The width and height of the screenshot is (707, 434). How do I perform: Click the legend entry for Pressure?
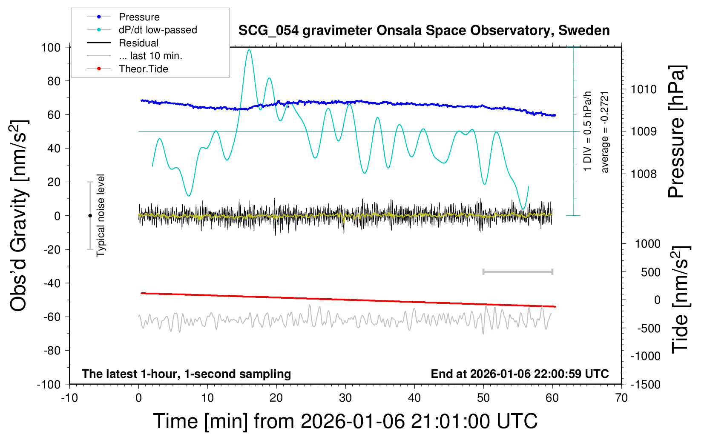[x=139, y=17]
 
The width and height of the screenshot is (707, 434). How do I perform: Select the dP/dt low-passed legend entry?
[x=158, y=30]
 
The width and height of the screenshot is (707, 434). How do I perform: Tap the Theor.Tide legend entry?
[x=143, y=69]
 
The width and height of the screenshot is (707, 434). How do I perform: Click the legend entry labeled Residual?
[x=138, y=43]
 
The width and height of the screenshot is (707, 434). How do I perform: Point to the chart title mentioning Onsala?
[x=424, y=31]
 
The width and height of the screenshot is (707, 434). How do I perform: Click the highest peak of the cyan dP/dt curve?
[x=249, y=50]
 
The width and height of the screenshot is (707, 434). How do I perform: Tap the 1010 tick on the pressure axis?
[x=644, y=89]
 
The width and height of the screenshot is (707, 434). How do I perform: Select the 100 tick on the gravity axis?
[x=51, y=47]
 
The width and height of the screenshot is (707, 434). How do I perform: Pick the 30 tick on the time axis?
[x=345, y=398]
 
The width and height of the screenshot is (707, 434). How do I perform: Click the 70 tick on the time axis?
[x=621, y=398]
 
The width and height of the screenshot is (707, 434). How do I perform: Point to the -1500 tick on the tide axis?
[x=645, y=385]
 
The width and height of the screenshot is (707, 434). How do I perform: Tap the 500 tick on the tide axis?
[x=650, y=272]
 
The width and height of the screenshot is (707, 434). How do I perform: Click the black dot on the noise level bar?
[x=90, y=216]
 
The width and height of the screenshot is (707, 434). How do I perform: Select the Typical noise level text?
[x=101, y=215]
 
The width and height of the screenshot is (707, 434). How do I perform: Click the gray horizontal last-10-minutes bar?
[x=517, y=272]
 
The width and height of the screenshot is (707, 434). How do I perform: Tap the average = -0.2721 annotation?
[x=605, y=132]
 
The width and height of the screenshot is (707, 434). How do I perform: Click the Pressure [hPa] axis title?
[x=677, y=132]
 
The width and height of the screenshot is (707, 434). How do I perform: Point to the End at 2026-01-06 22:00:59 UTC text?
[x=520, y=374]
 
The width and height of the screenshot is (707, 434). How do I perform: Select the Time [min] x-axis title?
[x=345, y=421]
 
